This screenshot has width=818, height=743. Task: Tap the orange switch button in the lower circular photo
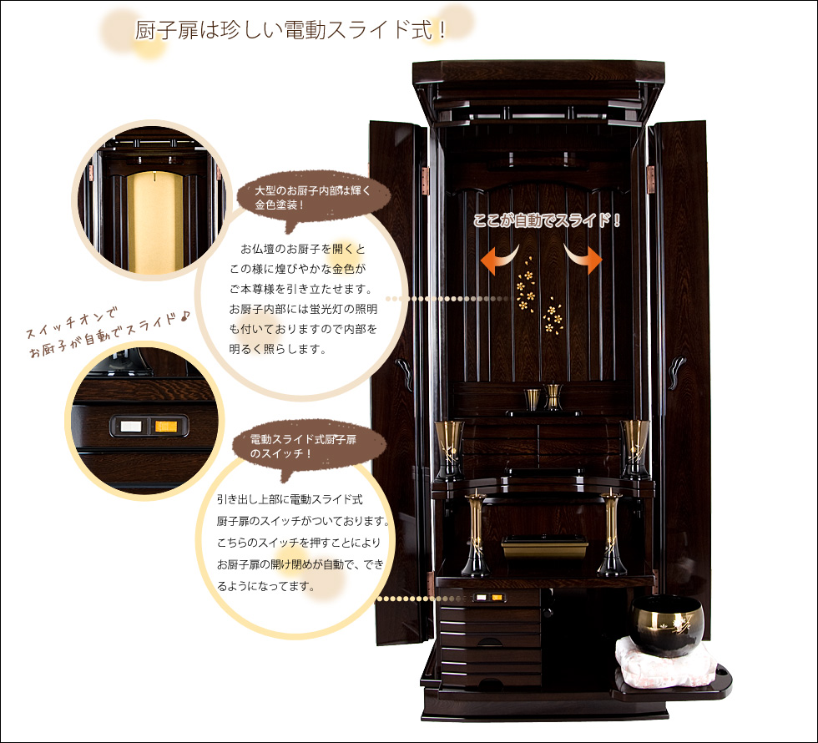166,427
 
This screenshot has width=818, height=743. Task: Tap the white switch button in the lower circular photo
131,427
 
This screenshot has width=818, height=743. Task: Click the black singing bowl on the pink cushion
667,624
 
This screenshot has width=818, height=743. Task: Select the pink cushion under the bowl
664,661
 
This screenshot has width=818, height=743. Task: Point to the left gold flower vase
449,450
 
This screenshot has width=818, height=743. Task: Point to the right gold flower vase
635,450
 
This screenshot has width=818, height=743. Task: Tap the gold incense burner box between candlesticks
544,546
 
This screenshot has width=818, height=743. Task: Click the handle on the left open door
404,374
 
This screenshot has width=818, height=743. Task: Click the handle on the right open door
677,371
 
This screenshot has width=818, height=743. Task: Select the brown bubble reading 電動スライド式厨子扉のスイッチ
309,447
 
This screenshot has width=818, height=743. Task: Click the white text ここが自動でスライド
547,220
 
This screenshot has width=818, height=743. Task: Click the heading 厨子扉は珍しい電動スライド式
290,30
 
